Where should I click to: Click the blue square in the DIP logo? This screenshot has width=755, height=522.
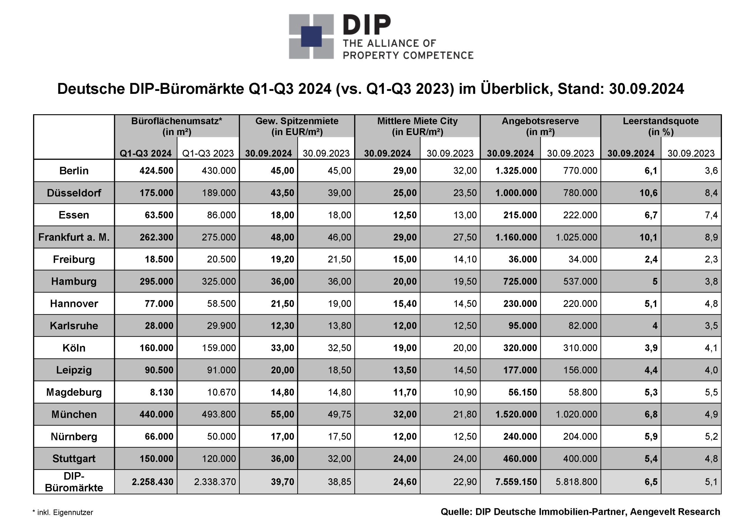[x=311, y=36]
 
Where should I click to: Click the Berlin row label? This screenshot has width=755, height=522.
[x=74, y=171]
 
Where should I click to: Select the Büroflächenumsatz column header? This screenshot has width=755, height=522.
[x=177, y=126]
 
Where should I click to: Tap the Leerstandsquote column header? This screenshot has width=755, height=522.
[x=661, y=126]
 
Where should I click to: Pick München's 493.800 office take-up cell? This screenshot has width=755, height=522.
[x=219, y=414]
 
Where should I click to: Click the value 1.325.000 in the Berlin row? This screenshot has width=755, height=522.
[x=516, y=171]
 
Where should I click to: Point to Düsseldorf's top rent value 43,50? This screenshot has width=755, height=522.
[x=283, y=193]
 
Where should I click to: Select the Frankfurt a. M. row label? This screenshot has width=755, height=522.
[x=74, y=237]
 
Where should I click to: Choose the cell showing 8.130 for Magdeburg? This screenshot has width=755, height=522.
[x=162, y=392]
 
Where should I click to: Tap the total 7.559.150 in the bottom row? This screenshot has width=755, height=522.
[x=516, y=482]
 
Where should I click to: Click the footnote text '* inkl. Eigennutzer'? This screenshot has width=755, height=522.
[x=63, y=513]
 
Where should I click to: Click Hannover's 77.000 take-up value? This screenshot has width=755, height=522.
[x=159, y=304]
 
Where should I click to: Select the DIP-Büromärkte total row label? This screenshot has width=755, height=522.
[x=74, y=482]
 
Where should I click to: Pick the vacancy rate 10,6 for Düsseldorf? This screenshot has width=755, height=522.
[x=649, y=193]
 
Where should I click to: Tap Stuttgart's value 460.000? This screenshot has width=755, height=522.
[x=520, y=459]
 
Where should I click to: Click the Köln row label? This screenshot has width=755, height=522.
[x=74, y=348]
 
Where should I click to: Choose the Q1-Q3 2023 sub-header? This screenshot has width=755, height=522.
[x=208, y=153]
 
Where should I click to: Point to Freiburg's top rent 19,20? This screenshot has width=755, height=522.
[x=283, y=259]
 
